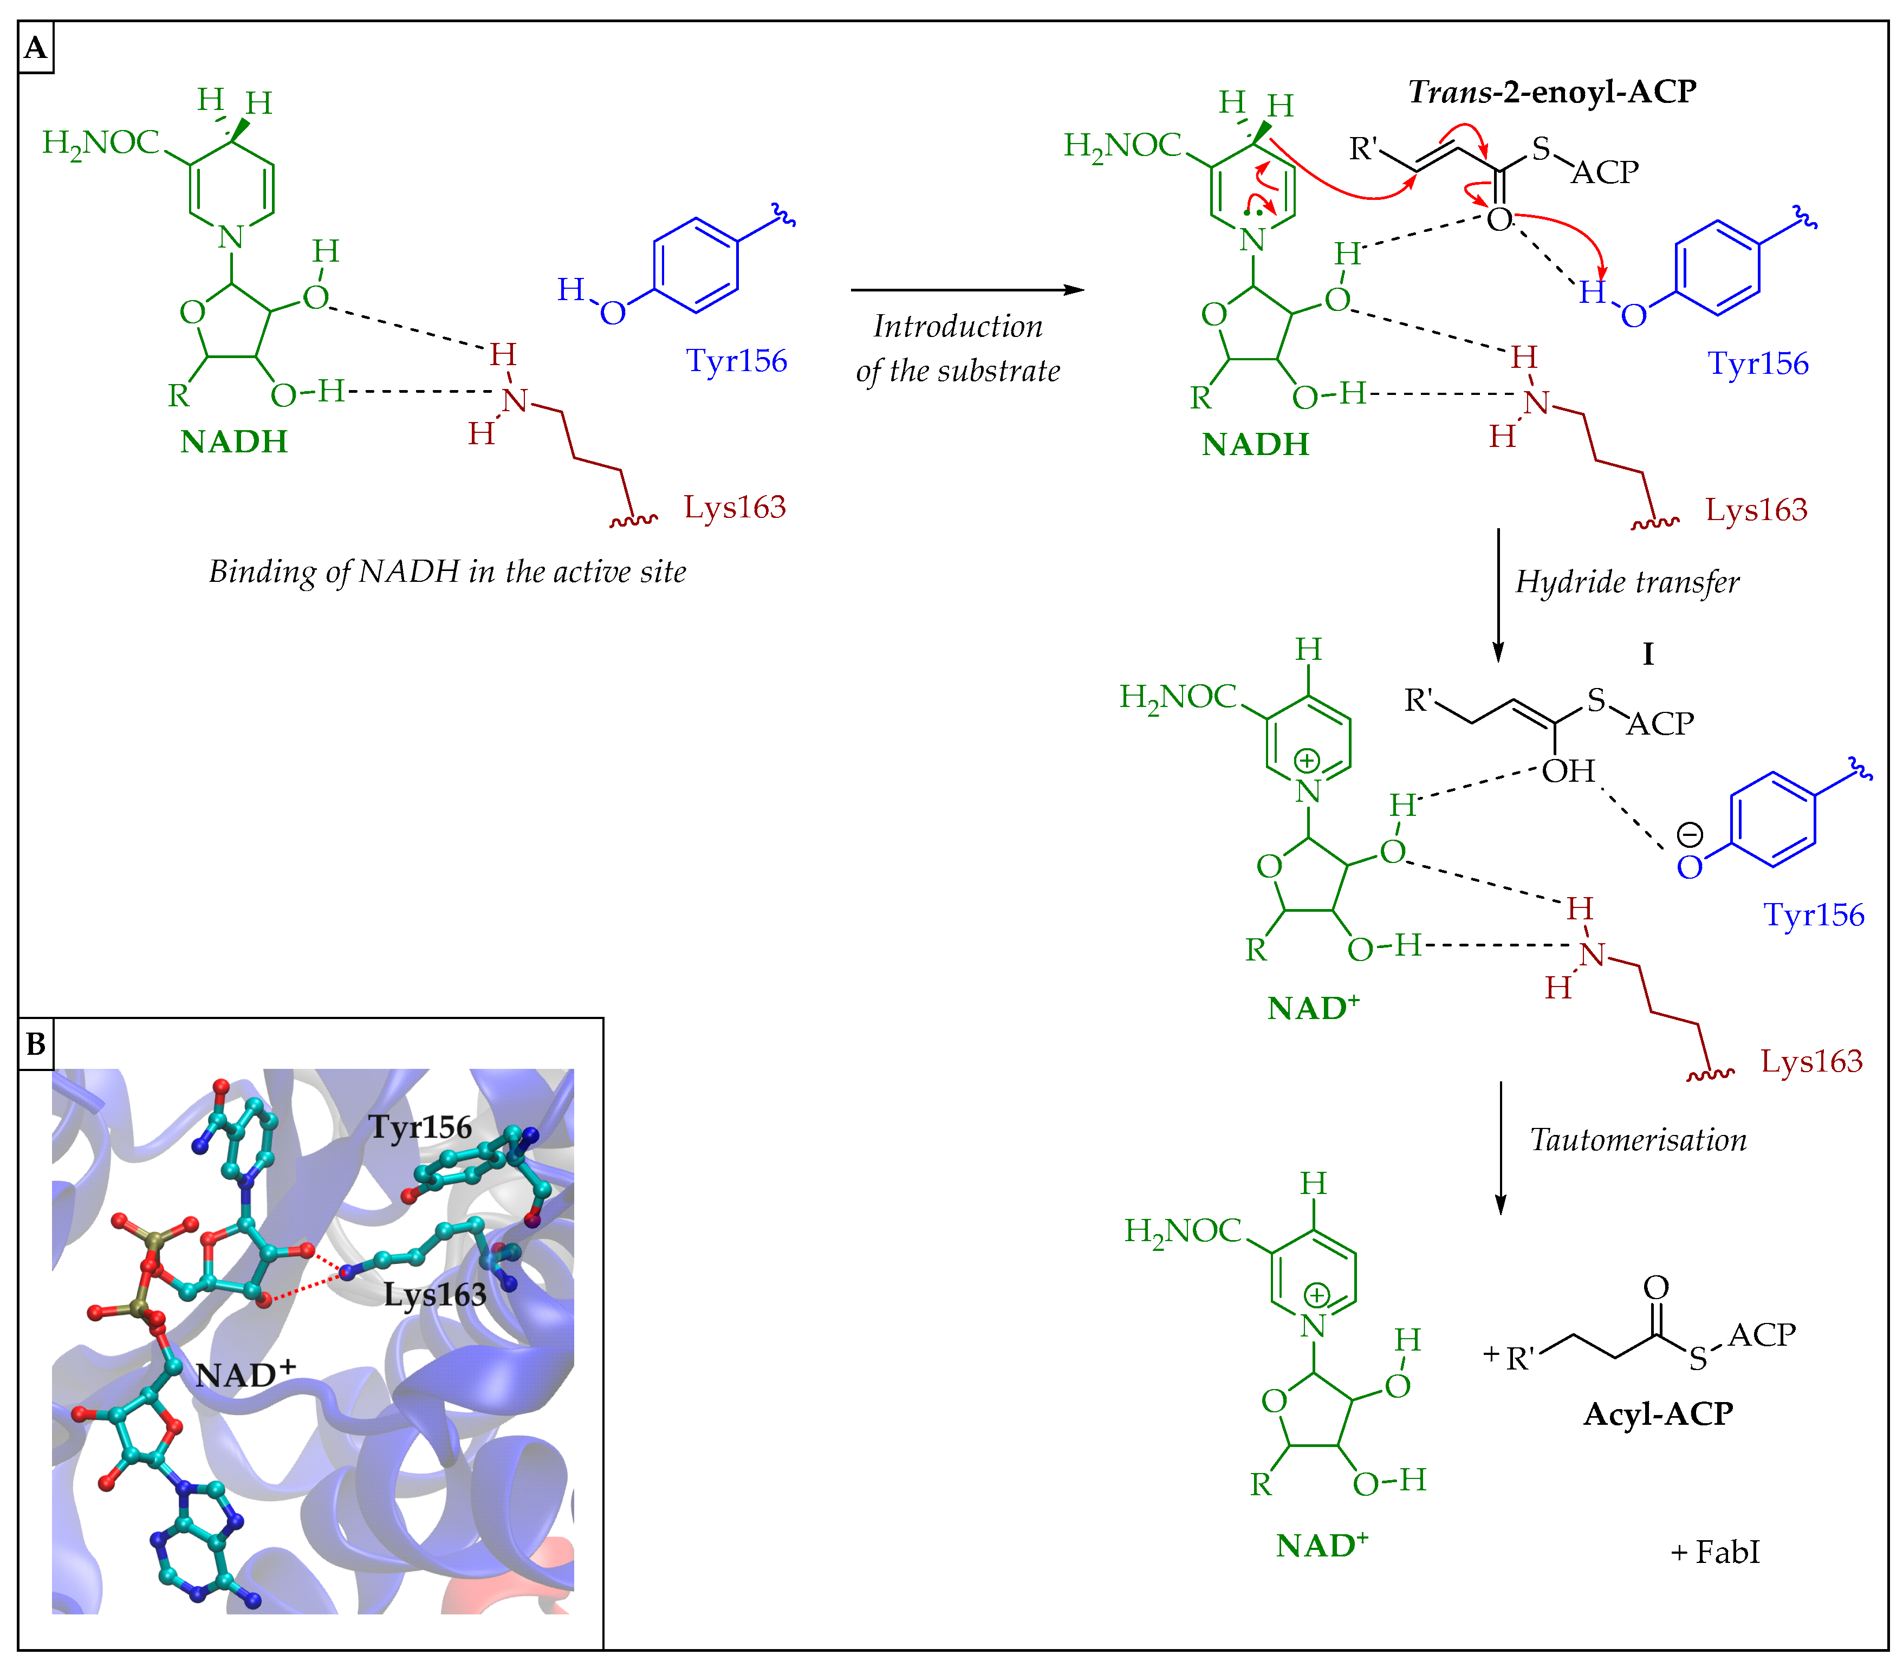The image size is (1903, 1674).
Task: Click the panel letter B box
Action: pos(35,1044)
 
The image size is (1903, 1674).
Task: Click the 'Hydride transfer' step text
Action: pos(1627,582)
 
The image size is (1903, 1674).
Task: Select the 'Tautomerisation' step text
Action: pos(1638,1140)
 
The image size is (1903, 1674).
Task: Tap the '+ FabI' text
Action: pos(1715,1552)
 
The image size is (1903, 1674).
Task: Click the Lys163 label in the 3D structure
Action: pos(435,1294)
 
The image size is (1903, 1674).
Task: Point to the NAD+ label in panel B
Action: pos(245,1373)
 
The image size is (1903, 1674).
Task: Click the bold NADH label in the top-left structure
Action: pos(233,442)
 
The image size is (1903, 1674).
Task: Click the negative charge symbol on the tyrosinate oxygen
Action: pos(1689,834)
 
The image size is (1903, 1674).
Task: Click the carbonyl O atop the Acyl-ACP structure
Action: pos(1655,1287)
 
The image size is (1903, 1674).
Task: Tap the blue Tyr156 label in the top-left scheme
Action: pos(736,360)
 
